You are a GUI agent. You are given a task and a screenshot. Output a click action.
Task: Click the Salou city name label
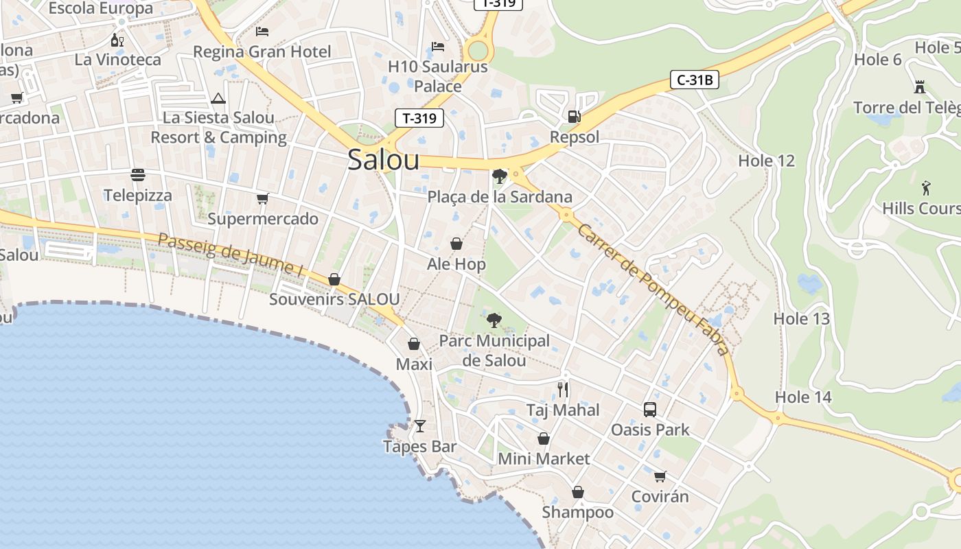pyautogui.click(x=383, y=159)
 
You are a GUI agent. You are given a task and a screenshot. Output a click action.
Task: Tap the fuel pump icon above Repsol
pyautogui.click(x=574, y=117)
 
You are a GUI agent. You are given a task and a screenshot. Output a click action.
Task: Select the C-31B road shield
pyautogui.click(x=694, y=80)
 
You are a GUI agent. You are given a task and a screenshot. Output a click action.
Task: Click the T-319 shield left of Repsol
pyautogui.click(x=419, y=118)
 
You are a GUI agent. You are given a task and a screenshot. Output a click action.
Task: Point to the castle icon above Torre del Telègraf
pyautogui.click(x=919, y=87)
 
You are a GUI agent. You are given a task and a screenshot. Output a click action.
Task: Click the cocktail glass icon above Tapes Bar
pyautogui.click(x=420, y=426)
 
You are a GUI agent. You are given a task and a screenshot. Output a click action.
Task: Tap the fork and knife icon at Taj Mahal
pyautogui.click(x=563, y=390)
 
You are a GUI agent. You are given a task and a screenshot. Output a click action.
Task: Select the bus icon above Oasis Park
pyautogui.click(x=649, y=410)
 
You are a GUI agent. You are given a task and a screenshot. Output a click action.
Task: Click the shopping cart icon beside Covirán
pyautogui.click(x=660, y=476)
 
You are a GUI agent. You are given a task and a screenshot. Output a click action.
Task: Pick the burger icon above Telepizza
pyautogui.click(x=138, y=175)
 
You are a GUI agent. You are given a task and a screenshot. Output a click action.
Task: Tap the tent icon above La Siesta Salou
pyautogui.click(x=218, y=98)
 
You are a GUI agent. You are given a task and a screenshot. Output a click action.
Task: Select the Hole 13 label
pyautogui.click(x=801, y=318)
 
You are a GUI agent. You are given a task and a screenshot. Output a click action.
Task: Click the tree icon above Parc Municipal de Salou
pyautogui.click(x=493, y=320)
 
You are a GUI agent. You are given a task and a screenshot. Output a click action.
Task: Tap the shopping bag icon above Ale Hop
pyautogui.click(x=456, y=244)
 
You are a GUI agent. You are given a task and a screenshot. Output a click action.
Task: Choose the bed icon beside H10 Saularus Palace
pyautogui.click(x=438, y=47)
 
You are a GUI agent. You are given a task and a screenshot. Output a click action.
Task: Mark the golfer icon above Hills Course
pyautogui.click(x=926, y=187)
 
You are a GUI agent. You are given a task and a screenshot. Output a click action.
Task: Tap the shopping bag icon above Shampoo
pyautogui.click(x=578, y=492)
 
